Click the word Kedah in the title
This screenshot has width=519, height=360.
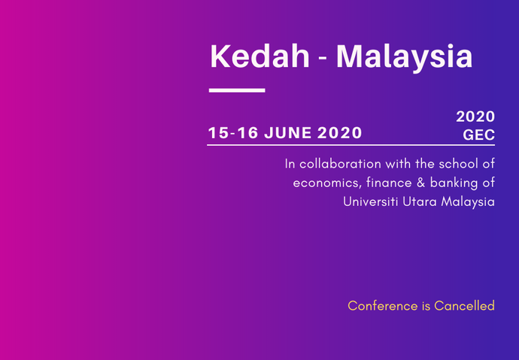pyautogui.click(x=259, y=56)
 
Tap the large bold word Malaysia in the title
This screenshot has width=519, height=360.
pyautogui.click(x=405, y=58)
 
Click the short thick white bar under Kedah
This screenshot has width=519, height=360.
pyautogui.click(x=237, y=90)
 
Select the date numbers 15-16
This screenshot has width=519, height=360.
pyautogui.click(x=233, y=133)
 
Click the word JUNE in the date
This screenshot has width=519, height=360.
pyautogui.click(x=287, y=133)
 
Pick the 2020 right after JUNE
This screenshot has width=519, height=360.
pyautogui.click(x=339, y=133)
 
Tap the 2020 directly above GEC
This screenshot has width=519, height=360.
pyautogui.click(x=475, y=116)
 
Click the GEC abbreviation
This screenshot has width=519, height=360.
pyautogui.click(x=478, y=135)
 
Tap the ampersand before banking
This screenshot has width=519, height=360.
pyautogui.click(x=420, y=183)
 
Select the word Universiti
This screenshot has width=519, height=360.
pyautogui.click(x=370, y=201)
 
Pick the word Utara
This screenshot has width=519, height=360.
pyautogui.click(x=420, y=201)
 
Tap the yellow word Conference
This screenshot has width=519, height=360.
pyautogui.click(x=383, y=306)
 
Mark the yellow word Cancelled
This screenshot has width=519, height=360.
pyautogui.click(x=464, y=306)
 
